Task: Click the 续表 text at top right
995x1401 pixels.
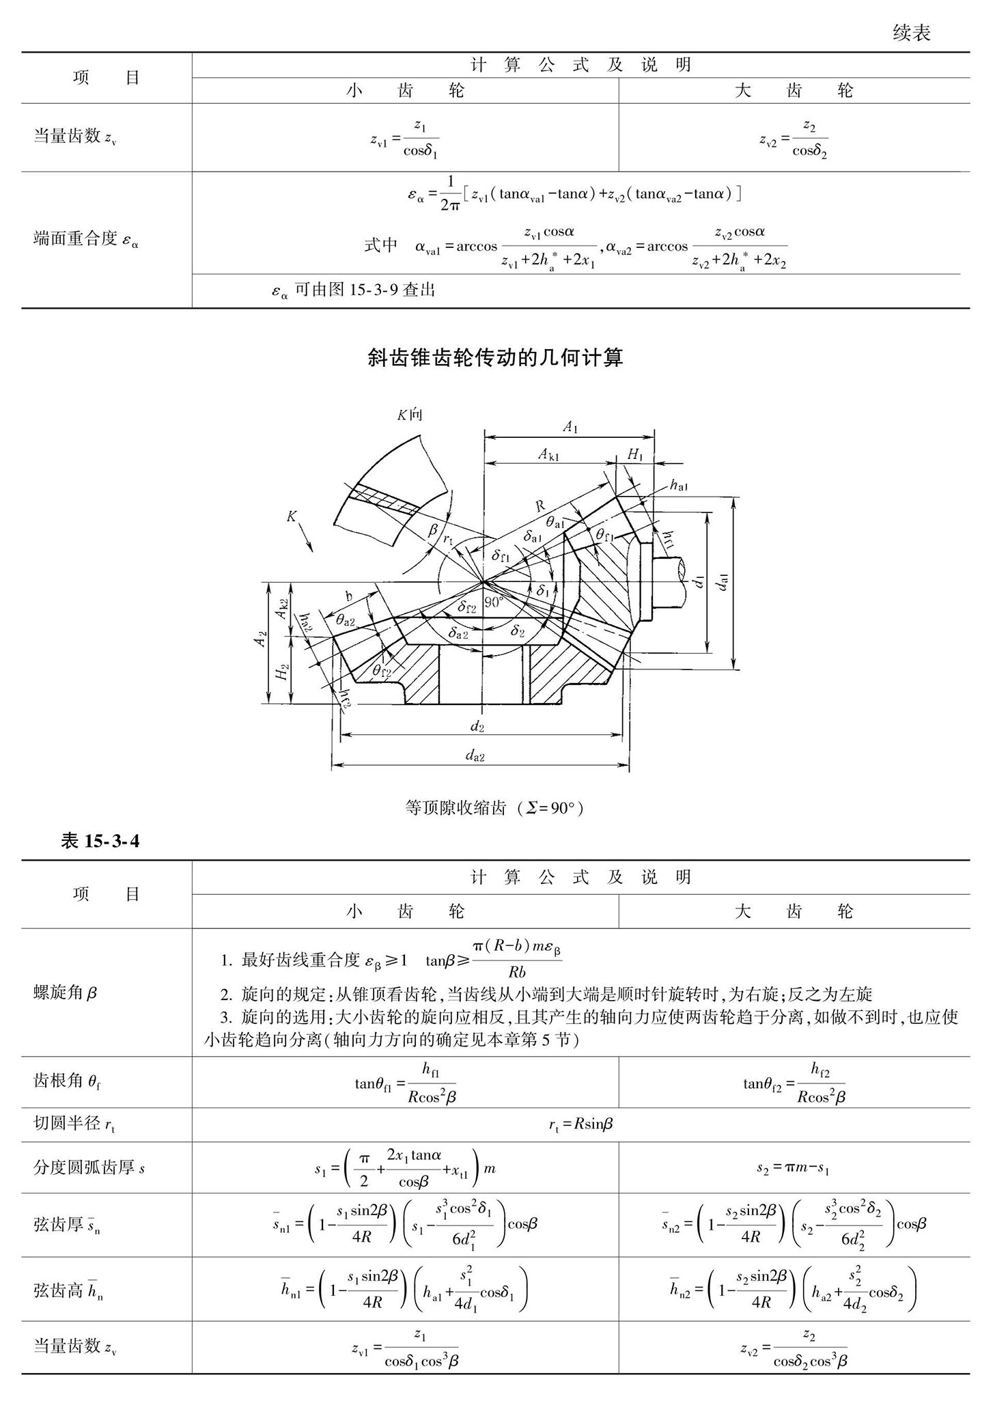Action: (911, 33)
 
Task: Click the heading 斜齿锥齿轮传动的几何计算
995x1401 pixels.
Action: (495, 357)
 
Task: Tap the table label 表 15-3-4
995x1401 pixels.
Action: (100, 841)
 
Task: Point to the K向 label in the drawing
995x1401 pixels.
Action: (410, 414)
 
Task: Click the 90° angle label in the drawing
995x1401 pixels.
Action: (494, 602)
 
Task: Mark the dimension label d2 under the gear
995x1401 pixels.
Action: (477, 726)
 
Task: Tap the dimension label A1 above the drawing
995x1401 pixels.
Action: (570, 427)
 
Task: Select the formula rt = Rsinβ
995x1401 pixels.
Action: (580, 1124)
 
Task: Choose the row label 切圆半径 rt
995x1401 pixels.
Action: (74, 1124)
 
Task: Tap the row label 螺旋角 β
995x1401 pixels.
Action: (66, 993)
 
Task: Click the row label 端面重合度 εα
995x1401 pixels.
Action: (86, 240)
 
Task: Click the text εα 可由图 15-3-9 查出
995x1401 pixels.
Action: (353, 290)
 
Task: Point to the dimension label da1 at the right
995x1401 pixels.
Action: (723, 581)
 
